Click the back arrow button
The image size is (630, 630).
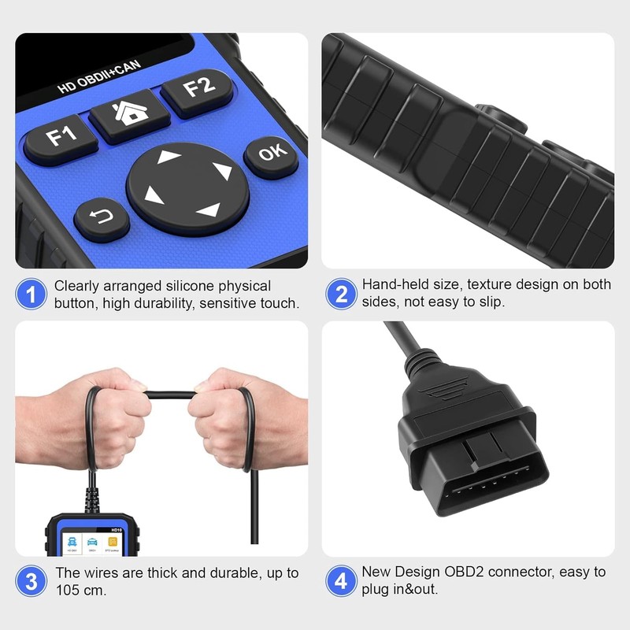point(102,216)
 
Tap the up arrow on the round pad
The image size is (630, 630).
point(169,157)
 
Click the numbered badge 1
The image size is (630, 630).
point(31,295)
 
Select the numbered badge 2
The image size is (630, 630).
point(341,295)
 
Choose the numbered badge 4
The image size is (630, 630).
point(341,582)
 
